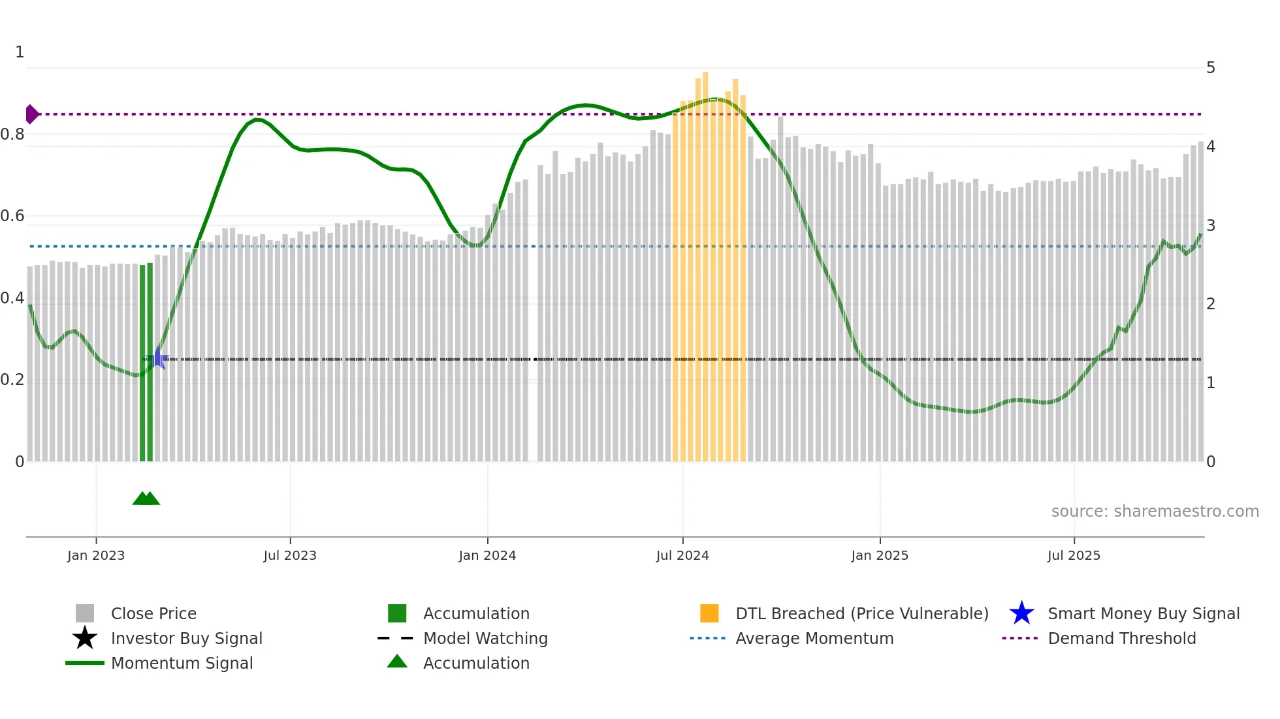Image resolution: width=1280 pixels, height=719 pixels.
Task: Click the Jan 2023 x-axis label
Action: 95,555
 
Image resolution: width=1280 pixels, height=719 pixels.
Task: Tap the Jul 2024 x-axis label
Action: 682,555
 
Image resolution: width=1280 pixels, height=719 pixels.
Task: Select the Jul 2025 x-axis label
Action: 1074,555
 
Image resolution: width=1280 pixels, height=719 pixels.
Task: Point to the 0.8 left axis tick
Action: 12,134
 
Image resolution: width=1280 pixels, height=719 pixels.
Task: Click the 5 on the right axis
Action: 1210,68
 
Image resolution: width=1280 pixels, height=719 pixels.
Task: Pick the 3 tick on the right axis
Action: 1210,226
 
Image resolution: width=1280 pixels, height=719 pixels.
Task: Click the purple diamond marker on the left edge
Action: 31,114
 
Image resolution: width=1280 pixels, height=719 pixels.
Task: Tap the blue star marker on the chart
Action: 158,359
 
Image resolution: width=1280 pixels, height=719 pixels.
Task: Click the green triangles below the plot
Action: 146,498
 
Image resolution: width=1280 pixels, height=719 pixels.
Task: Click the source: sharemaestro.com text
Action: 1155,512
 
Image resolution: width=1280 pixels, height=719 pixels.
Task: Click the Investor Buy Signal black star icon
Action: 85,638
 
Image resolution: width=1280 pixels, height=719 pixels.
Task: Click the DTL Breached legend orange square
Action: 709,613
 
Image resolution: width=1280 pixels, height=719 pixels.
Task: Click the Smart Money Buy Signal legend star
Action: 1021,613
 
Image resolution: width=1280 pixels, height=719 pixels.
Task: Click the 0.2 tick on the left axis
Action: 12,380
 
